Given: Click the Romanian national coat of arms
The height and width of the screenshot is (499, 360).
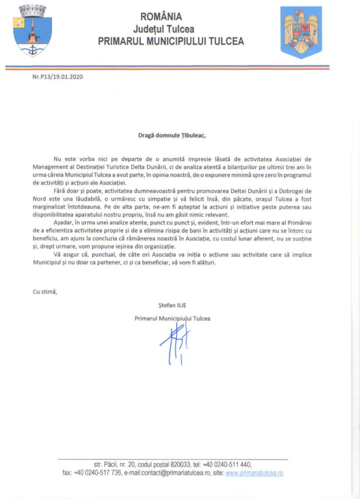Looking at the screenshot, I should pos(301,32).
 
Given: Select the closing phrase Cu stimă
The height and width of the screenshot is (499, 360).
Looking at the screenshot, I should pos(45,292).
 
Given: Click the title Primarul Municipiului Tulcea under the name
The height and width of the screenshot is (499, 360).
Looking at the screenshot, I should pos(173,318).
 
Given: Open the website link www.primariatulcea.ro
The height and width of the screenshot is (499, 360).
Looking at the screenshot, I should pos(254,473).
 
